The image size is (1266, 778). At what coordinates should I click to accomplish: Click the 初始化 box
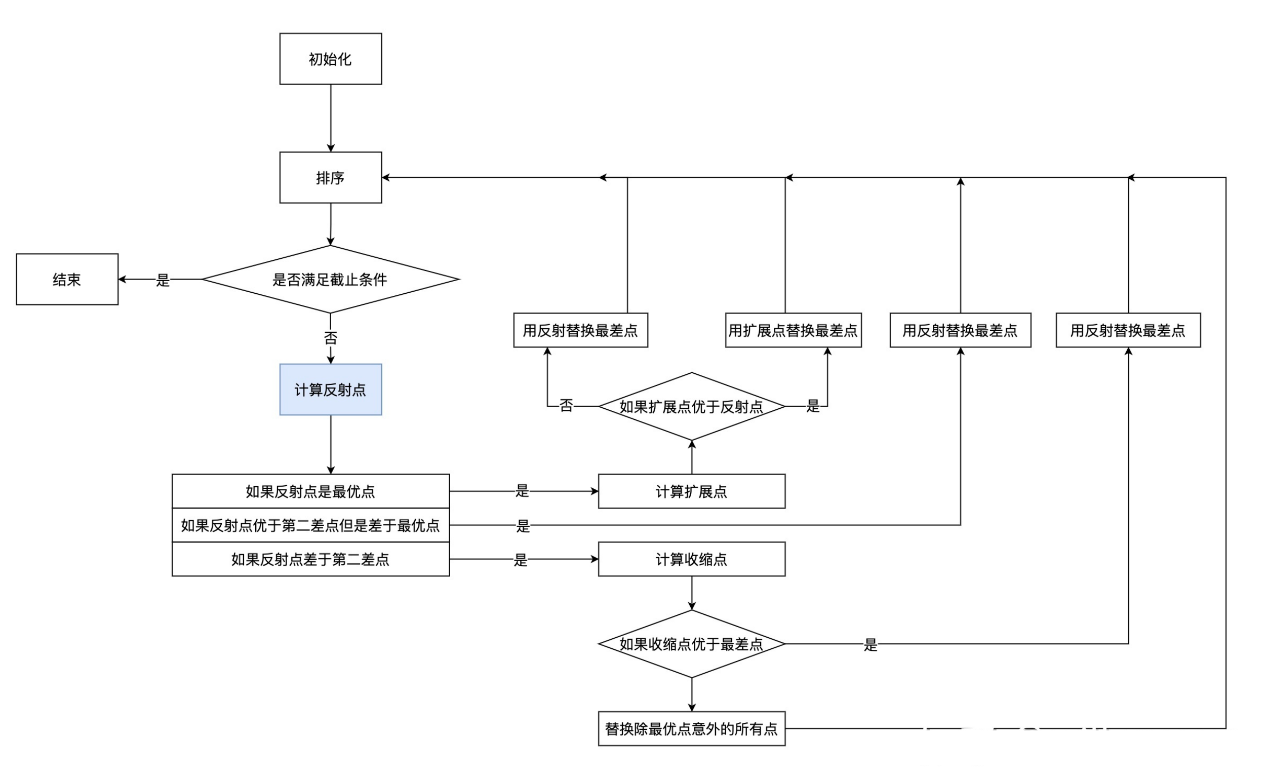pos(330,59)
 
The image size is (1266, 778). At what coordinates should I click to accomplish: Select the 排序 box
pos(330,177)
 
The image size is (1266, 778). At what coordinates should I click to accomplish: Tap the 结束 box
pos(67,280)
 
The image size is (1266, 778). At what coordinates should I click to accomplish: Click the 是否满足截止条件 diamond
pos(330,280)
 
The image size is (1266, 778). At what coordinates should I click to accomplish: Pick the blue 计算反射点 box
pos(330,390)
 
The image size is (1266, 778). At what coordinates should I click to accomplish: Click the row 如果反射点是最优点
pos(310,491)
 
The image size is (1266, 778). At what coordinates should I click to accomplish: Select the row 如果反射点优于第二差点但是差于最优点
pos(310,525)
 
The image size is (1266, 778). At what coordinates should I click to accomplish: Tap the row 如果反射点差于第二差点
pos(310,559)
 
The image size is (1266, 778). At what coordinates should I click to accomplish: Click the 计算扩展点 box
pos(691,491)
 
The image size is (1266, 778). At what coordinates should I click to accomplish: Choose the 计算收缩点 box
pos(691,559)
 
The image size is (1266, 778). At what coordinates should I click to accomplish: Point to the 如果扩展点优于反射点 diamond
pos(691,407)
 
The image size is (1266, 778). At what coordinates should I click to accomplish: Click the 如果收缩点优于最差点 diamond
pos(691,644)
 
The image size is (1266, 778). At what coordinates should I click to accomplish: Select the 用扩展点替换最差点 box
pos(793,330)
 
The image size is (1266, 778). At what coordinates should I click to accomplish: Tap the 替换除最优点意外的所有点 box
pos(691,729)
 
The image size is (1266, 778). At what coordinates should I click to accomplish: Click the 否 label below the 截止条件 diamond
pos(330,338)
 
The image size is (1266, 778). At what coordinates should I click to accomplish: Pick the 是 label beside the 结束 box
pos(163,280)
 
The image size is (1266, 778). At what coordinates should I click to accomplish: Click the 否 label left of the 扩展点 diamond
pos(566,406)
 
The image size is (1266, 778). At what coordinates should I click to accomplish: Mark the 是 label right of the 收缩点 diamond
pos(870,645)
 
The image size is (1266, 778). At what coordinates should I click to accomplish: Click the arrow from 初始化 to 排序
pos(330,118)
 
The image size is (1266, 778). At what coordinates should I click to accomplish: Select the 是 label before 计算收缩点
pos(521,560)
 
